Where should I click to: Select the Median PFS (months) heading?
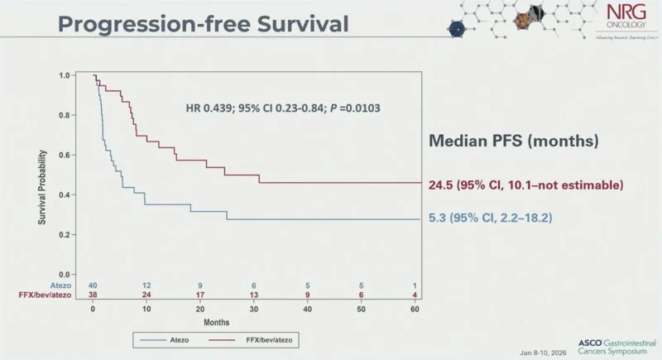pyautogui.click(x=513, y=141)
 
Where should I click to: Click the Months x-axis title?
pyautogui.click(x=254, y=322)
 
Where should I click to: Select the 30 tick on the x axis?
pyautogui.click(x=254, y=308)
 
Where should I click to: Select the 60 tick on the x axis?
pyautogui.click(x=415, y=308)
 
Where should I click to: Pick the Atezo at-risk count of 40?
pyautogui.click(x=93, y=286)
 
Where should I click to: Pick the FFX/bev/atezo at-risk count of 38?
pyautogui.click(x=93, y=295)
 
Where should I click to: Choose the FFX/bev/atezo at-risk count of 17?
pyautogui.click(x=200, y=295)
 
